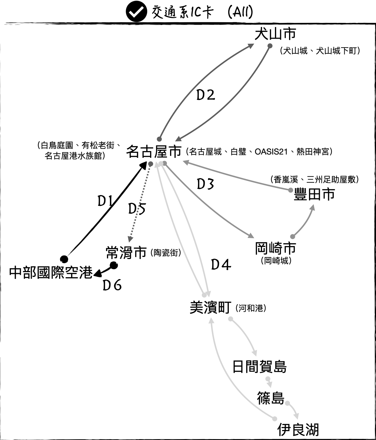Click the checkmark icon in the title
pos(137,12)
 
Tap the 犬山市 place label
pos(275,34)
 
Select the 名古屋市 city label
pos(154,152)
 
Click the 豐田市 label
pos(315,194)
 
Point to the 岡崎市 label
pos(275,248)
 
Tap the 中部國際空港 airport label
pos(51,273)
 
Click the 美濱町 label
pos(210,307)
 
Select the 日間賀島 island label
pos(259,367)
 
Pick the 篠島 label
pos(271,398)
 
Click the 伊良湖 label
pos(298,430)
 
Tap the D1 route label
pos(105,201)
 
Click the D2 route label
pos(205,95)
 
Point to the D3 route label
pos(205,184)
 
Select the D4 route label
pos(221,265)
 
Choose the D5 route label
pos(137,209)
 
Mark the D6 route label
pos(112,285)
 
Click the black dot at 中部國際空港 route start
pos(64,259)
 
